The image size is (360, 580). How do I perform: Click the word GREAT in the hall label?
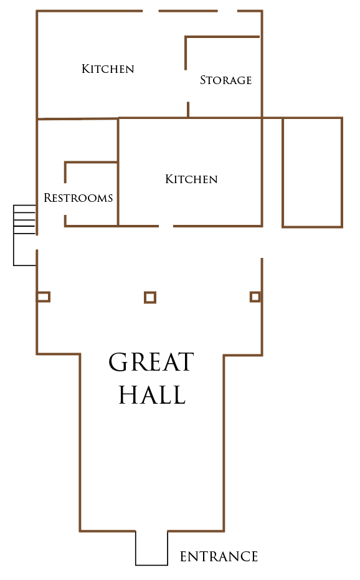151,362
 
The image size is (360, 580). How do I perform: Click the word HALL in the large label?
152,394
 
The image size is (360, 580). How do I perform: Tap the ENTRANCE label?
219,556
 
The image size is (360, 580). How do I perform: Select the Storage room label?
225,80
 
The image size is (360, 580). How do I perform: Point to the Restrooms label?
78,197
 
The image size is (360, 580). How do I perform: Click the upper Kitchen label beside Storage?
108,69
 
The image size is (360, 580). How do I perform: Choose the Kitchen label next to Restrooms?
191,179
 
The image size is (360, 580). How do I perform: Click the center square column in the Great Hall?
150,297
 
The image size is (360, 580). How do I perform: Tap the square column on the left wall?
43,297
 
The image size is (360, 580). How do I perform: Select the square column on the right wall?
255,297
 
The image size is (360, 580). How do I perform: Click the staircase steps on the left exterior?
24,220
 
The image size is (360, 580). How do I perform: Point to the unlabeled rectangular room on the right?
282,173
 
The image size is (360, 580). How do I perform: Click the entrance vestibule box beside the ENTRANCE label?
135,548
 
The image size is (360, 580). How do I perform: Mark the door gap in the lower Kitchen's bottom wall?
166,226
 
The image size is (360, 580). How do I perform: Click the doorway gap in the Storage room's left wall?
186,86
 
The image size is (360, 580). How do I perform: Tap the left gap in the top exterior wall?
151,11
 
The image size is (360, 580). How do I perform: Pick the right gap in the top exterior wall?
227,11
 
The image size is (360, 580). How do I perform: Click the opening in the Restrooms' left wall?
65,199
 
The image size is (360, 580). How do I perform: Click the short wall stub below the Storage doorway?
188,110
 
